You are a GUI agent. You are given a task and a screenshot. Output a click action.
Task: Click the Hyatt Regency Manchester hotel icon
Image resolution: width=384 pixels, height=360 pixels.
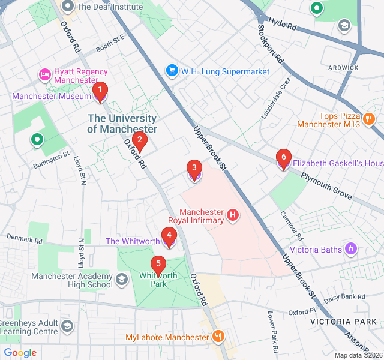coord(44,74)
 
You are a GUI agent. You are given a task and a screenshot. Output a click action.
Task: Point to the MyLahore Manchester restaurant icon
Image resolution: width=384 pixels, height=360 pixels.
coord(218,337)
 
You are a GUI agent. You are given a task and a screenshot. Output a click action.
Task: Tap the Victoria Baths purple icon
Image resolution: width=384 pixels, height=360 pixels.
coord(351,249)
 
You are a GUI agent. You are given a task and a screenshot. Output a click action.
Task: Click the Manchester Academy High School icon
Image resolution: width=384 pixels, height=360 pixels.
coord(122,279)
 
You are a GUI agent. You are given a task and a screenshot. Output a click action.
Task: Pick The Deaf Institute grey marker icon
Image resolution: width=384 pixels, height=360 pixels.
coord(68,7)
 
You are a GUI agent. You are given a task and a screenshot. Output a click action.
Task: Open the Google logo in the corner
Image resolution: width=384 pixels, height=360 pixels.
coord(20,353)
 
